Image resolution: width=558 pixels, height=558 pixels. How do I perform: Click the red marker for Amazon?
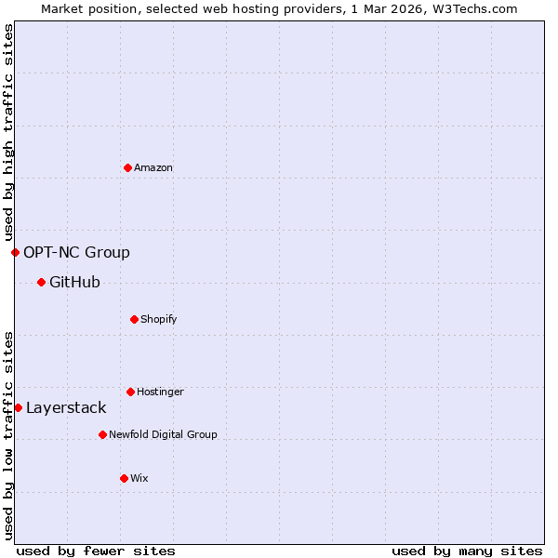[128, 167]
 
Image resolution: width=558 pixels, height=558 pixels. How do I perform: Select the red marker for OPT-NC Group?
[15, 252]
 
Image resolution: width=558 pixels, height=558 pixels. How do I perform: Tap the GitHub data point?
[41, 282]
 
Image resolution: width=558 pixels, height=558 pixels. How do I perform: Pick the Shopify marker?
[134, 319]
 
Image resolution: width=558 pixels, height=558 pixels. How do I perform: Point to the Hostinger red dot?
[130, 392]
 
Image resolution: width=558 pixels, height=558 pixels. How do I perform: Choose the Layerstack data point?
[18, 407]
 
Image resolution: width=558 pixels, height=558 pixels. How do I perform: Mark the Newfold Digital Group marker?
[102, 434]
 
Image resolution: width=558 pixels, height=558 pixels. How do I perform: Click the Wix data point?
[124, 478]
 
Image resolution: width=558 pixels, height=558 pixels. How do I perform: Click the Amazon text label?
[153, 168]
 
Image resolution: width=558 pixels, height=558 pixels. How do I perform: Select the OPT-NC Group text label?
[76, 253]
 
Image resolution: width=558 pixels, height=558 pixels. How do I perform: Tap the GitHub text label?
[74, 283]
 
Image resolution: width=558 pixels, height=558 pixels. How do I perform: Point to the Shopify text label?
[159, 320]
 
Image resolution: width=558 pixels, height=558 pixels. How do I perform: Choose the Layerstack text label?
[66, 408]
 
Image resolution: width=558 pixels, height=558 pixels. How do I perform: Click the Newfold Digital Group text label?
[163, 435]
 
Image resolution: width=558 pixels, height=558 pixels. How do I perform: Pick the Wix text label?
[139, 479]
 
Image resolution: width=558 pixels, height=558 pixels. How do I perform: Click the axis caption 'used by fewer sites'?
[96, 551]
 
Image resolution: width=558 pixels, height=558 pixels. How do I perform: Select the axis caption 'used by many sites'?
[467, 551]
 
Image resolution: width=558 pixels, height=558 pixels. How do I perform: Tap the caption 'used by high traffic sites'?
[8, 132]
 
